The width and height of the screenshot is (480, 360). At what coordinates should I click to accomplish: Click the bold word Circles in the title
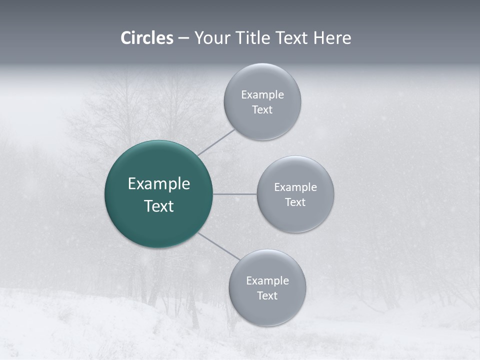(x=146, y=38)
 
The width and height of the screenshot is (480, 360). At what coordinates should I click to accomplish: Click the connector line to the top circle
(x=216, y=142)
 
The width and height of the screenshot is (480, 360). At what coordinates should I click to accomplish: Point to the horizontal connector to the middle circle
(x=234, y=194)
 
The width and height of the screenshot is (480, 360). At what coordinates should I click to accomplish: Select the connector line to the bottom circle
(x=218, y=245)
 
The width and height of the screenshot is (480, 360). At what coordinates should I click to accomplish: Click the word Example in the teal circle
(x=159, y=184)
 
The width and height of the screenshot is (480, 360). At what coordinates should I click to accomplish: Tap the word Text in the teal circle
(x=159, y=206)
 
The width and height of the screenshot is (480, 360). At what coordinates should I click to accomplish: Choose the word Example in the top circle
(x=262, y=95)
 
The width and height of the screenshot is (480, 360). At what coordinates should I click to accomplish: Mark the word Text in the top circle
(x=262, y=110)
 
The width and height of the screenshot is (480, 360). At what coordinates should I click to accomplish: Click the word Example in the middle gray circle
(x=295, y=187)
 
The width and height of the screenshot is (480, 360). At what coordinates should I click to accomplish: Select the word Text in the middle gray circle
(x=295, y=202)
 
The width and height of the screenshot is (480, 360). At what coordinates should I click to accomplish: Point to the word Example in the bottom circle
(x=267, y=281)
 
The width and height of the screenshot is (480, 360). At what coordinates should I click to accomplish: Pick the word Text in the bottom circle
(x=267, y=296)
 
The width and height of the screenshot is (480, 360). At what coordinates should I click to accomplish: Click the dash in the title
(x=183, y=38)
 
